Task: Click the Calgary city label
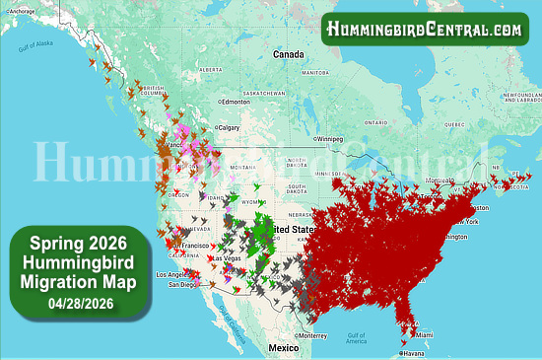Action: pos(229,127)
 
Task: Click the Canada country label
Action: pos(289,53)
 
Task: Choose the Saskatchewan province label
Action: pos(262,93)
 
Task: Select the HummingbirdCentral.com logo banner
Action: pos(425,29)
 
